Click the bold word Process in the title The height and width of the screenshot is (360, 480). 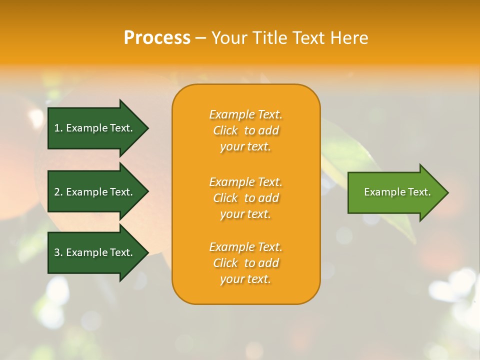point(157,38)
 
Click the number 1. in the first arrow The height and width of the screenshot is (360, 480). point(58,128)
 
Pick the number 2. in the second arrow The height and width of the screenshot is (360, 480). point(58,192)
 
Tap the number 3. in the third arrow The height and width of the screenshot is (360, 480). point(58,252)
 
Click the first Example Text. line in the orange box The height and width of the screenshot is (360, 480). point(245,114)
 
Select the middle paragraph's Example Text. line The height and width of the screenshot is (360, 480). point(245,181)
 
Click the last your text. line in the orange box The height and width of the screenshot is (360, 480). point(245,279)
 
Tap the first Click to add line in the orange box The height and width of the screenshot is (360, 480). point(245,130)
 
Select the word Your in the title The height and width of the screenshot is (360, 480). point(229,38)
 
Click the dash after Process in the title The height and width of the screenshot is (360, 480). point(200,38)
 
